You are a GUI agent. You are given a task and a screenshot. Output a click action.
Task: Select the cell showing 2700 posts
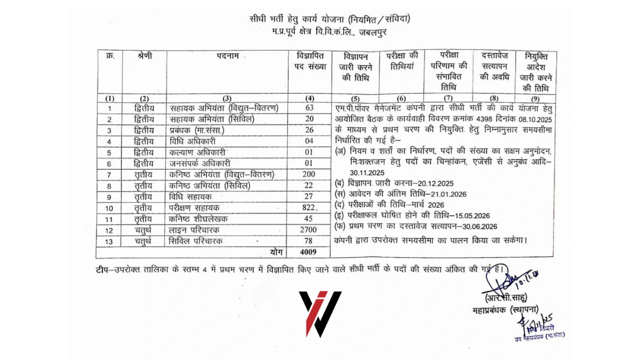point(310,230)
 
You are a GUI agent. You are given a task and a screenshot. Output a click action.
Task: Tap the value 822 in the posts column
point(309,207)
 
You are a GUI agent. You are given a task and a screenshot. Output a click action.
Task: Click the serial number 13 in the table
point(109,241)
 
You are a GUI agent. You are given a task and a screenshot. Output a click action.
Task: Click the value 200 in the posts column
point(309,174)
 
